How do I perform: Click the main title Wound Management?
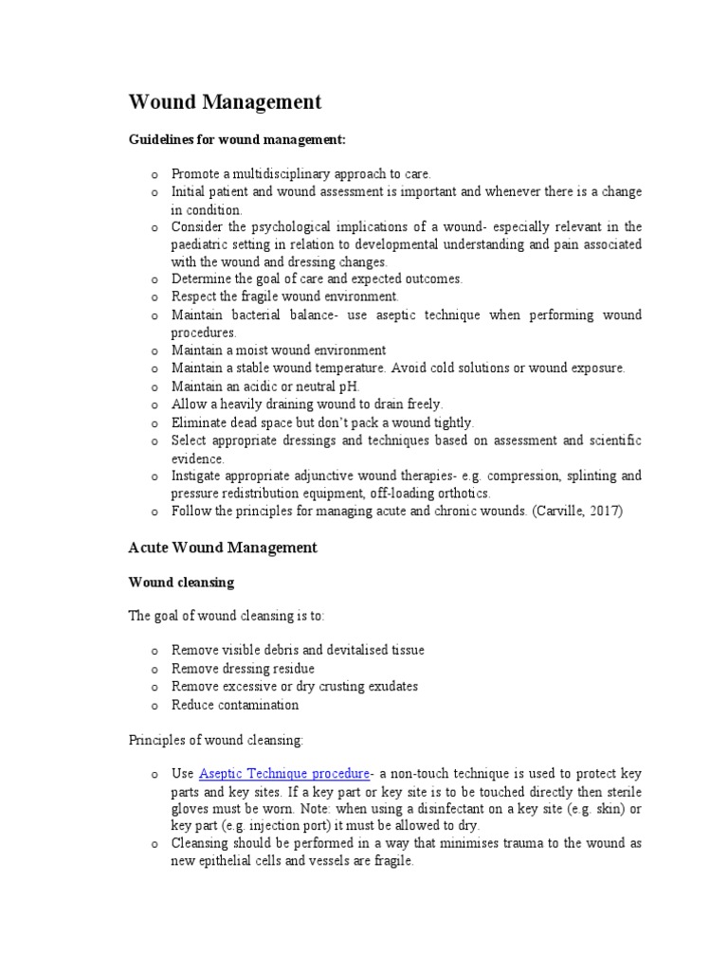[225, 102]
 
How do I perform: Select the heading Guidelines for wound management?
[237, 140]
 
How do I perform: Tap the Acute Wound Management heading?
[222, 548]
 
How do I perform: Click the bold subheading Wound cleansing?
[181, 582]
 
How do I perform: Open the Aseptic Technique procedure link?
[283, 775]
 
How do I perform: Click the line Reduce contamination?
[234, 705]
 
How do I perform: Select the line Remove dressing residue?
[243, 669]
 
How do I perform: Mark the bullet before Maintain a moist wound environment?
[153, 351]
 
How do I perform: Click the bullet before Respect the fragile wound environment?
[153, 297]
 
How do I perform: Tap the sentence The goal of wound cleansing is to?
[226, 616]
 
